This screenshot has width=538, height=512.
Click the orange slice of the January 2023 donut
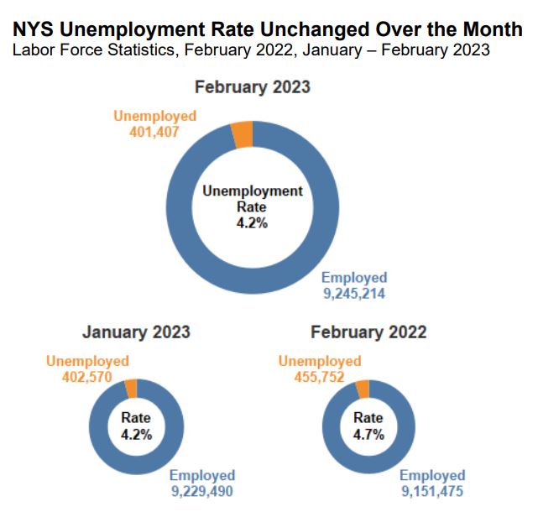coord(131,388)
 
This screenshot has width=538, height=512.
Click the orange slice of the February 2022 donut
coord(363,389)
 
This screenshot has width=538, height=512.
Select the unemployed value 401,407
coord(154,132)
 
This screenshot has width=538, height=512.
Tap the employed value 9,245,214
coord(355,294)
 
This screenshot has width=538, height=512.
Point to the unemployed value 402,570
coord(87,377)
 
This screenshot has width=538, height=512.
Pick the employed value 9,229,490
coord(201,492)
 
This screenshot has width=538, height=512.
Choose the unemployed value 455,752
coord(319,377)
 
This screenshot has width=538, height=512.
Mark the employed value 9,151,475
coord(431,492)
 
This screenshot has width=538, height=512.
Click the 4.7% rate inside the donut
coord(368,435)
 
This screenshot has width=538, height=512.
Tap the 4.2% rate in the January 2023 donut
coord(136,435)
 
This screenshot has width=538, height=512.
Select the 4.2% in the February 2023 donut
coord(252,224)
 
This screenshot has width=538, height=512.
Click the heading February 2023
coord(252,86)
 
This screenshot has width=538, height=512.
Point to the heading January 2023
coord(136,332)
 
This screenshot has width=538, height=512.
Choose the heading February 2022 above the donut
coord(368,332)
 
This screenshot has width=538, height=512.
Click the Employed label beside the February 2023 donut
coord(355,278)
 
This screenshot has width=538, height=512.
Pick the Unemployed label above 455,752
coord(319,361)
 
